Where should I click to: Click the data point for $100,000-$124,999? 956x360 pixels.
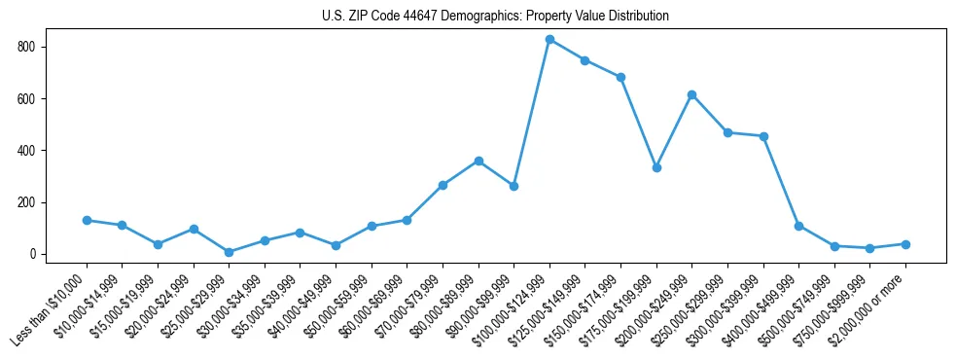click(549, 40)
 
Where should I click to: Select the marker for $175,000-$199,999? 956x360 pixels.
click(656, 167)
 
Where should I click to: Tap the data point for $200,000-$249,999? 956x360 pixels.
click(691, 94)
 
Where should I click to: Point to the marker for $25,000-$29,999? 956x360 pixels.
click(229, 252)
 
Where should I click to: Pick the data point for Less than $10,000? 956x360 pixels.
click(87, 220)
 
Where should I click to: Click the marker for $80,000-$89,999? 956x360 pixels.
click(478, 161)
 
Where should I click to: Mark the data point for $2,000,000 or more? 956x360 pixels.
click(905, 244)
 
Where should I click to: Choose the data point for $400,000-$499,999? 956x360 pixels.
click(798, 226)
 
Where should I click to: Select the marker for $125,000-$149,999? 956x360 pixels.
click(584, 60)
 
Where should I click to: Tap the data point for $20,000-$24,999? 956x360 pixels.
click(194, 229)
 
